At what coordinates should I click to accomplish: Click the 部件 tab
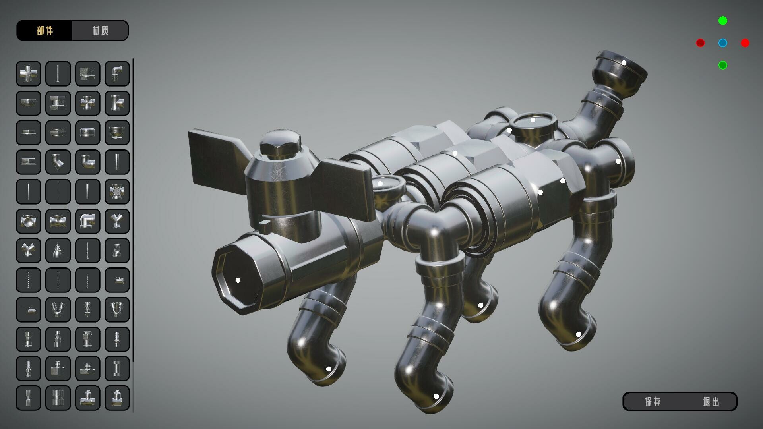45,31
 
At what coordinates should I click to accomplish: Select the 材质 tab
100,31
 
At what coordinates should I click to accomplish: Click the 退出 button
711,402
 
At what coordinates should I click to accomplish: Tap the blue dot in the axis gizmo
723,43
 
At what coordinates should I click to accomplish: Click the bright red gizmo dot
745,43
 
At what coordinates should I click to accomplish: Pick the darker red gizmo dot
700,43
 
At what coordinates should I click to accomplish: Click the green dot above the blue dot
723,21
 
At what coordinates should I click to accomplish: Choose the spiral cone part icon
58,250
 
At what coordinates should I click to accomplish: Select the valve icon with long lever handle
29,309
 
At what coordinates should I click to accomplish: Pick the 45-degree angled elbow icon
58,162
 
